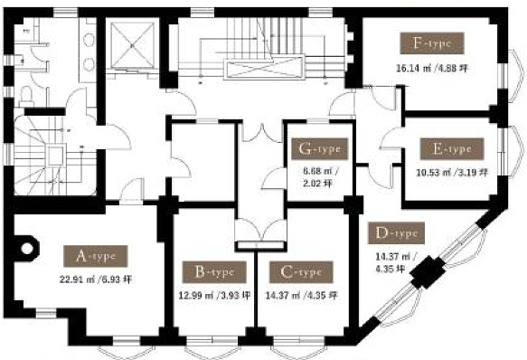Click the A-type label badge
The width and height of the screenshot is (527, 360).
(96, 256)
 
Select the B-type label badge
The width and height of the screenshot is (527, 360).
(214, 272)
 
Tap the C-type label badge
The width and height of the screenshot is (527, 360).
(301, 272)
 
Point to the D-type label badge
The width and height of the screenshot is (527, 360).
(396, 232)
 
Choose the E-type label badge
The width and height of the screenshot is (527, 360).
(452, 148)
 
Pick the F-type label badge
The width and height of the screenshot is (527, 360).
(432, 43)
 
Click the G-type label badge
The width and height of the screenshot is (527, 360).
(319, 148)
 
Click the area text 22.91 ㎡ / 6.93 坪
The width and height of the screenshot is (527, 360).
(96, 279)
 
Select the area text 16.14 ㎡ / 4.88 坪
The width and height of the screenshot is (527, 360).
(432, 69)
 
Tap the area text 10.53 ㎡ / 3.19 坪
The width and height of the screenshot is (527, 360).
(452, 173)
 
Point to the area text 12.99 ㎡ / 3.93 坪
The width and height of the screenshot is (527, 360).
(214, 296)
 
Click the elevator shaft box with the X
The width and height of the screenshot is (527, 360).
(132, 44)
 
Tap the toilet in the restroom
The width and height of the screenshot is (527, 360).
(25, 95)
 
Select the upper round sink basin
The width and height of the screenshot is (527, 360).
(89, 40)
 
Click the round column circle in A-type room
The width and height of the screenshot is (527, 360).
(27, 249)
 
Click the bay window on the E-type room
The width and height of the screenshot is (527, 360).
(513, 150)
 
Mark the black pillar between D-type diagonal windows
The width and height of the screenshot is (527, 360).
(428, 272)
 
